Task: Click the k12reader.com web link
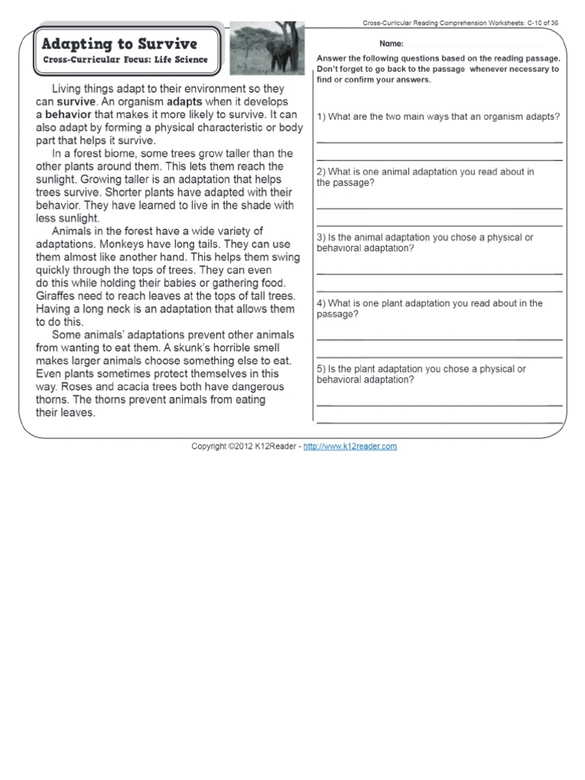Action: pyautogui.click(x=350, y=446)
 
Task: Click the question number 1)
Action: pyautogui.click(x=321, y=117)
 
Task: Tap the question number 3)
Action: pyautogui.click(x=321, y=238)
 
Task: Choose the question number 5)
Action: pyautogui.click(x=321, y=369)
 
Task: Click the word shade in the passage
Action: pyautogui.click(x=238, y=205)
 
